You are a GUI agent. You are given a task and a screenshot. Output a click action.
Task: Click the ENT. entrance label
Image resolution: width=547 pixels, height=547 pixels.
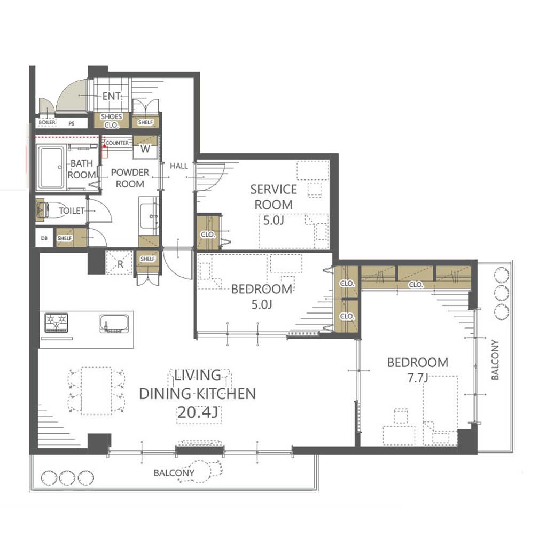click(112, 96)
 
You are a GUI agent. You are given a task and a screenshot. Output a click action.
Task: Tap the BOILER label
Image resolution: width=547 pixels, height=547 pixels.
click(47, 122)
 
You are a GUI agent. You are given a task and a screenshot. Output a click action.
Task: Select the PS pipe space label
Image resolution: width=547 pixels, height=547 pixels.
click(72, 123)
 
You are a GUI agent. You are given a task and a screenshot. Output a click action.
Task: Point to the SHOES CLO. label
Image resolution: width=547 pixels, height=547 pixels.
click(111, 121)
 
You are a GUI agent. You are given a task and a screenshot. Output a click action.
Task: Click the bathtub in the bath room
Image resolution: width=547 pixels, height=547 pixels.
click(51, 168)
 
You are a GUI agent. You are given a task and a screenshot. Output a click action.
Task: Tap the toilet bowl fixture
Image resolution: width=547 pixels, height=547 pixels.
click(49, 210)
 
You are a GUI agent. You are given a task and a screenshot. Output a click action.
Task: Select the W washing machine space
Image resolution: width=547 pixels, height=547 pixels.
click(145, 149)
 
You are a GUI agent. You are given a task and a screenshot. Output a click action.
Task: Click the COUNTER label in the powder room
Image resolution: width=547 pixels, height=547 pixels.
click(117, 143)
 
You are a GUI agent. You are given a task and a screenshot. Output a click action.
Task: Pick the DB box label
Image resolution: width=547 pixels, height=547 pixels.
click(44, 238)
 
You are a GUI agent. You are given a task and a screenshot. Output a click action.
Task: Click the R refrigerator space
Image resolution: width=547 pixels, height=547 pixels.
click(120, 263)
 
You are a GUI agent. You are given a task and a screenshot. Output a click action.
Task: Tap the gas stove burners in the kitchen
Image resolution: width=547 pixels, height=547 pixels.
click(56, 323)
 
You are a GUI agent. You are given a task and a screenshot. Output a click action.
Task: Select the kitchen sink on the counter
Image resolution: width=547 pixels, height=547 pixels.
click(114, 324)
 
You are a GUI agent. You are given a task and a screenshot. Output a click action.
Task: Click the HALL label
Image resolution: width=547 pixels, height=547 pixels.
click(179, 166)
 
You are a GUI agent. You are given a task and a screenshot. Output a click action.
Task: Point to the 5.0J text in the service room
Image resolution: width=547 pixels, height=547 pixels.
click(273, 220)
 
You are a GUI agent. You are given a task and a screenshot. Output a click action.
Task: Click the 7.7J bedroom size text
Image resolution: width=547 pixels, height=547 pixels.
click(418, 378)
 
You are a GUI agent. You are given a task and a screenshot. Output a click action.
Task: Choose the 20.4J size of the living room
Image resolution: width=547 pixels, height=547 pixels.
click(198, 412)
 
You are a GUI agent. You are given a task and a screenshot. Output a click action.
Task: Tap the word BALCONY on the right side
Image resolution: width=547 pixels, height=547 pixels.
click(495, 360)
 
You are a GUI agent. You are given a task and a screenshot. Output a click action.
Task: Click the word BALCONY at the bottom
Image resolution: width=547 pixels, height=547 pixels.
click(174, 473)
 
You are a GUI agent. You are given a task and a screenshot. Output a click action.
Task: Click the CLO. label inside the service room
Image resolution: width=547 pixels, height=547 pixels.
click(208, 235)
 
